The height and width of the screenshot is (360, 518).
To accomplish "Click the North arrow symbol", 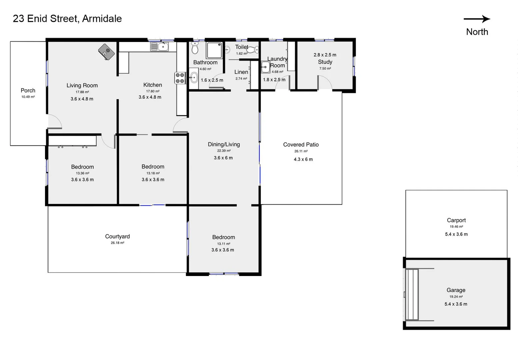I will tap(477, 19).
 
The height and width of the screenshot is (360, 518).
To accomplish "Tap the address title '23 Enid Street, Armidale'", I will tap(67, 19).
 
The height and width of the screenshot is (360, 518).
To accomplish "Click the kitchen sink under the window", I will tap(160, 47).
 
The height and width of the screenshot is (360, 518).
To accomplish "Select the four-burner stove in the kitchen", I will tap(180, 78).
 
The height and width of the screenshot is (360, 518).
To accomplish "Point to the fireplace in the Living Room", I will tap(106, 52).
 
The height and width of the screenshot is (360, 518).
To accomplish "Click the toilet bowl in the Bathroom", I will tap(195, 49).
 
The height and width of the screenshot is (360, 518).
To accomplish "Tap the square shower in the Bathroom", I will tap(214, 50).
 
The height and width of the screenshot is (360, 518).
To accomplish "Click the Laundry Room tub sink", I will tap(265, 67).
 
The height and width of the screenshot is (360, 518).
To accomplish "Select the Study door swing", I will tap(324, 82).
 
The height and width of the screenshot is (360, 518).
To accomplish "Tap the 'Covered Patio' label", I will tap(301, 145).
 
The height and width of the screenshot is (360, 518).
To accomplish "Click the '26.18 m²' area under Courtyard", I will tap(117, 243).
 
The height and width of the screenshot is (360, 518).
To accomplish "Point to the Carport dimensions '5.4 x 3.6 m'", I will tap(456, 234).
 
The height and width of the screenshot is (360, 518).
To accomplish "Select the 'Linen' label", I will tap(241, 72).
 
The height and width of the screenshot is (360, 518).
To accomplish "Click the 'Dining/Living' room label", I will tap(224, 144).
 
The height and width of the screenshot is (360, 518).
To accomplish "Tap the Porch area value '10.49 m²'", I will tap(28, 97).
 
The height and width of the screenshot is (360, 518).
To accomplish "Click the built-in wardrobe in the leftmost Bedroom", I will tap(72, 141).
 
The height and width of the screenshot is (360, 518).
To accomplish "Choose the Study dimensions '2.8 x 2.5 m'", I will tap(325, 55).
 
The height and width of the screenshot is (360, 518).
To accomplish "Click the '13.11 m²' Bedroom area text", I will tap(223, 244).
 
